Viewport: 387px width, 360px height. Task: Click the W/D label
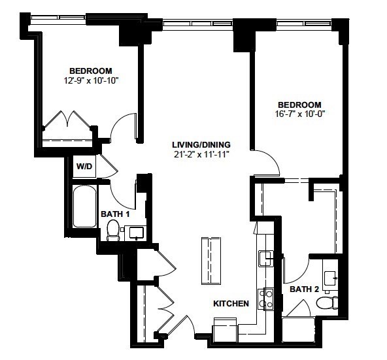click(84, 167)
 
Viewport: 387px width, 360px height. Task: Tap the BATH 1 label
click(115, 214)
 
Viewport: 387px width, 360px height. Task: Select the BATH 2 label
click(305, 289)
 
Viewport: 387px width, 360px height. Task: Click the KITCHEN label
click(231, 304)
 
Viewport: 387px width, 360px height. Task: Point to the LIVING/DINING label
click(201, 144)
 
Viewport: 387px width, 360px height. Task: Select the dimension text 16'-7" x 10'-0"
click(299, 114)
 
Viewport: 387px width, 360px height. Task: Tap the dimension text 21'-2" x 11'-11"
click(201, 154)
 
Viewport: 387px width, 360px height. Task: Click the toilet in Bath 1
click(113, 230)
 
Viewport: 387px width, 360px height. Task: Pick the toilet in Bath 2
click(327, 303)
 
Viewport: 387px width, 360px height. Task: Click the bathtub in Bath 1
click(85, 206)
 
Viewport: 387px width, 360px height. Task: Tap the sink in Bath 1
click(136, 233)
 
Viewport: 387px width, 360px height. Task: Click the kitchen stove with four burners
click(266, 299)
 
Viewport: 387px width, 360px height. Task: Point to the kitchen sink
click(265, 259)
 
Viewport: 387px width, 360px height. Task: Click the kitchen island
click(211, 261)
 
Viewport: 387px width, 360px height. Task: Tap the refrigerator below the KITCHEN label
click(225, 330)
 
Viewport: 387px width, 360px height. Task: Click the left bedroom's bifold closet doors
click(67, 119)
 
